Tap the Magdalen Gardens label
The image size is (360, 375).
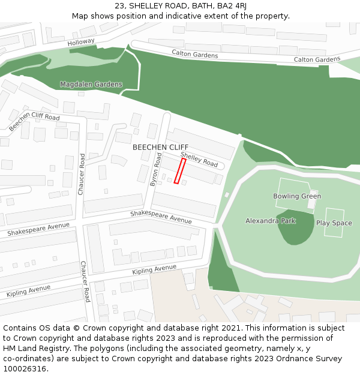pyautogui.click(x=91, y=85)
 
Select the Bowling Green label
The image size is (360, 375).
pyautogui.click(x=297, y=196)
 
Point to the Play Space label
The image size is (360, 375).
pyautogui.click(x=334, y=223)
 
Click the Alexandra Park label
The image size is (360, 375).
pyautogui.click(x=271, y=221)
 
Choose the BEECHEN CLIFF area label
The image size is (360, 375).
pyautogui.click(x=160, y=147)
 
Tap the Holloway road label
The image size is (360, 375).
pyautogui.click(x=81, y=42)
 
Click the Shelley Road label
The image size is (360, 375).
pyautogui.click(x=199, y=159)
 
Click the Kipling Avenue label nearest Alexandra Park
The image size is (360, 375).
pyautogui.click(x=154, y=270)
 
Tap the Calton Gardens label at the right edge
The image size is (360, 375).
pyautogui.click(x=317, y=60)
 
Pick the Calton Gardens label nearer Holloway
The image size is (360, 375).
pyautogui.click(x=194, y=54)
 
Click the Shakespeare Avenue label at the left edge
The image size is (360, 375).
pyautogui.click(x=38, y=229)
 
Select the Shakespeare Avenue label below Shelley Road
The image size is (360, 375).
pyautogui.click(x=161, y=217)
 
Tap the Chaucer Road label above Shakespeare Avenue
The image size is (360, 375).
pyautogui.click(x=82, y=174)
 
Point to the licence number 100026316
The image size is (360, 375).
pyautogui.click(x=25, y=368)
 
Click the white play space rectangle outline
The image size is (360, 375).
pyautogui.click(x=334, y=223)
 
